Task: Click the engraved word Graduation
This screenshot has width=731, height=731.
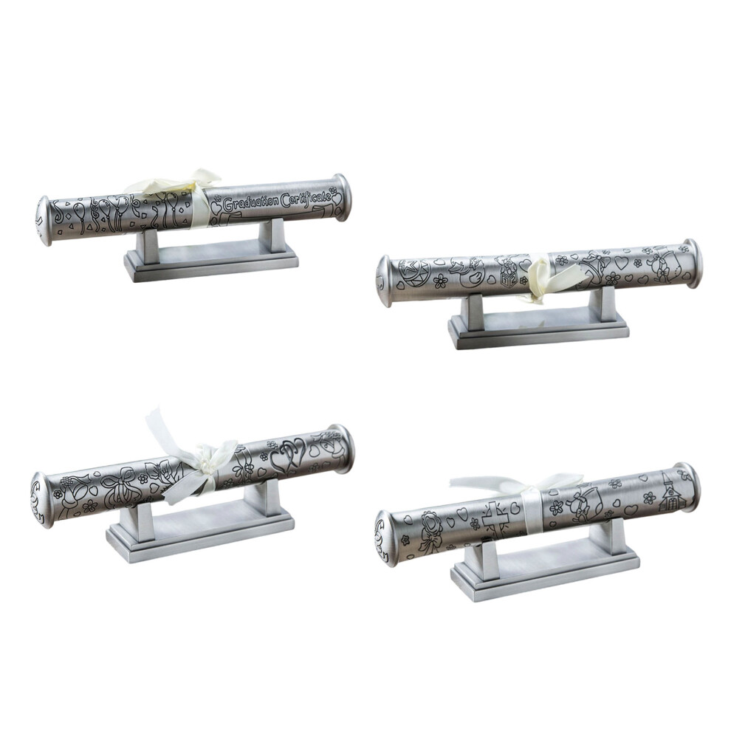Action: [250, 203]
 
